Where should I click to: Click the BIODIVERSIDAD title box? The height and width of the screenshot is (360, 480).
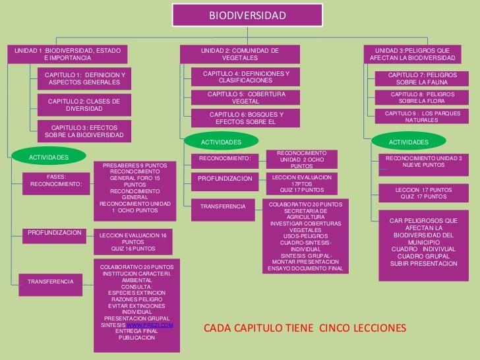247,15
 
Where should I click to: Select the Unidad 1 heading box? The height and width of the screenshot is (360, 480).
64,54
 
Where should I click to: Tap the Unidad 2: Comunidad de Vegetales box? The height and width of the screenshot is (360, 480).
239,54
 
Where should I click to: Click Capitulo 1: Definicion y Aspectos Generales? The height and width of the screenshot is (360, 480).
84,78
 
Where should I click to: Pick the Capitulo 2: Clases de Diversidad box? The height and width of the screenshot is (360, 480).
84,105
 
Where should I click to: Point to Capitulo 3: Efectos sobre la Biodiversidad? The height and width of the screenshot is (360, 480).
84,131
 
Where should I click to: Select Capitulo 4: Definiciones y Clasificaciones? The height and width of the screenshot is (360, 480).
245,76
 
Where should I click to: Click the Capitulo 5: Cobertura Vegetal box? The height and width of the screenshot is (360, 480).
245,98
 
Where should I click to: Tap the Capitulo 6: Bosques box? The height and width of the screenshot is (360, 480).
245,118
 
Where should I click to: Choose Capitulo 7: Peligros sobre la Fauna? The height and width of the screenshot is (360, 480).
421,78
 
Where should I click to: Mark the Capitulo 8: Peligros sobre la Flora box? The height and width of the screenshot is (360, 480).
421,98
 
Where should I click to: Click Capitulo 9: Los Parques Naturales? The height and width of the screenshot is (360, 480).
421,117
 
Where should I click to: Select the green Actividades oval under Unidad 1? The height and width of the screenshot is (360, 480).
48,157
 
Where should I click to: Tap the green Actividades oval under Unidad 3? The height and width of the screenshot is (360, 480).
408,142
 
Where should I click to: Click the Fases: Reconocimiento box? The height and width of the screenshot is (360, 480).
56,180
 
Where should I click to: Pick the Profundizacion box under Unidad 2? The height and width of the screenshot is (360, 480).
225,179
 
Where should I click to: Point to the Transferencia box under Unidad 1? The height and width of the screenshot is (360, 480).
51,282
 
